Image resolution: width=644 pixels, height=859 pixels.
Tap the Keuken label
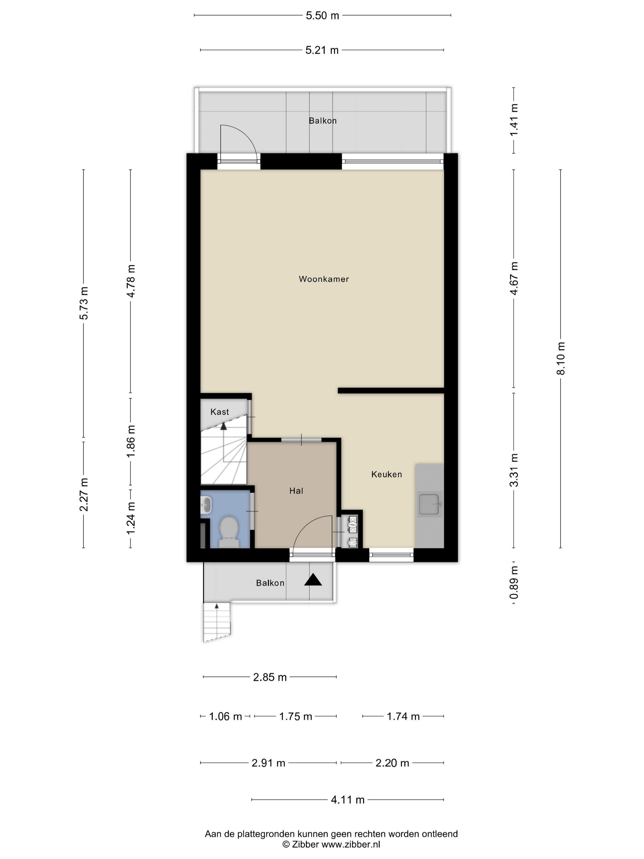tap(386, 474)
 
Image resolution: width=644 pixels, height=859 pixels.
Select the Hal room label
tap(296, 491)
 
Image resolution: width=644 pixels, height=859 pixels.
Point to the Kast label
tap(220, 412)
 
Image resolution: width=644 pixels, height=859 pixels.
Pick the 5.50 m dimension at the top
tap(322, 16)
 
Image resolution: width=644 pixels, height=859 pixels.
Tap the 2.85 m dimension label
tap(270, 677)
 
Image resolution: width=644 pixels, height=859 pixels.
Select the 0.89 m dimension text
tap(514, 583)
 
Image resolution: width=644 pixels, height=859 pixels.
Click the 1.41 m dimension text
tap(514, 120)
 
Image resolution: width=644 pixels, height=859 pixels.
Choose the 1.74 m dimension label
tap(403, 716)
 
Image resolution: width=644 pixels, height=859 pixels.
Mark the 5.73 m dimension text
tap(84, 303)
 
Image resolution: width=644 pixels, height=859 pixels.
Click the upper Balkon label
tap(323, 121)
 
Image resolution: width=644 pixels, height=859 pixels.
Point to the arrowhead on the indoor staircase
tap(223, 426)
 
